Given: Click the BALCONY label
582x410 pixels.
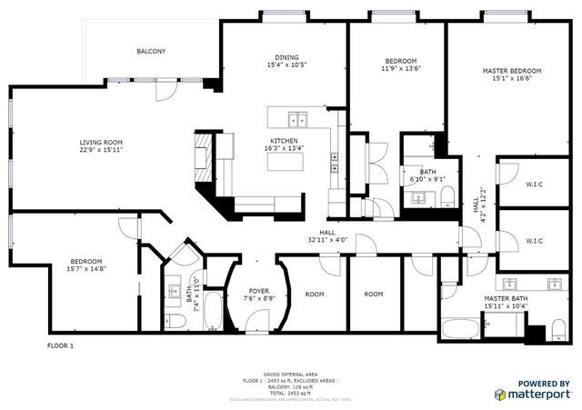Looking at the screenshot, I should (x=151, y=52).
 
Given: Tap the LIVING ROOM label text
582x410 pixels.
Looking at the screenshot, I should (x=100, y=143).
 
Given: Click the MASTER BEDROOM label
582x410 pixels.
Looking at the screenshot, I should (x=511, y=71).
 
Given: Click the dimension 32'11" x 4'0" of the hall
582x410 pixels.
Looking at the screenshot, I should (x=327, y=241).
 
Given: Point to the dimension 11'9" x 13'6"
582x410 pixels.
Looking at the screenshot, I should (x=400, y=69).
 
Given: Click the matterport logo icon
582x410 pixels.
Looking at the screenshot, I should (x=501, y=395).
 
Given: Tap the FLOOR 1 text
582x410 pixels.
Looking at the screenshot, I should (x=60, y=346).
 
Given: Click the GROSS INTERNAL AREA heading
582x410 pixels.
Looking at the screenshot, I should (x=291, y=374).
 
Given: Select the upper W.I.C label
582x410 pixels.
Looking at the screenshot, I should (x=534, y=185).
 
